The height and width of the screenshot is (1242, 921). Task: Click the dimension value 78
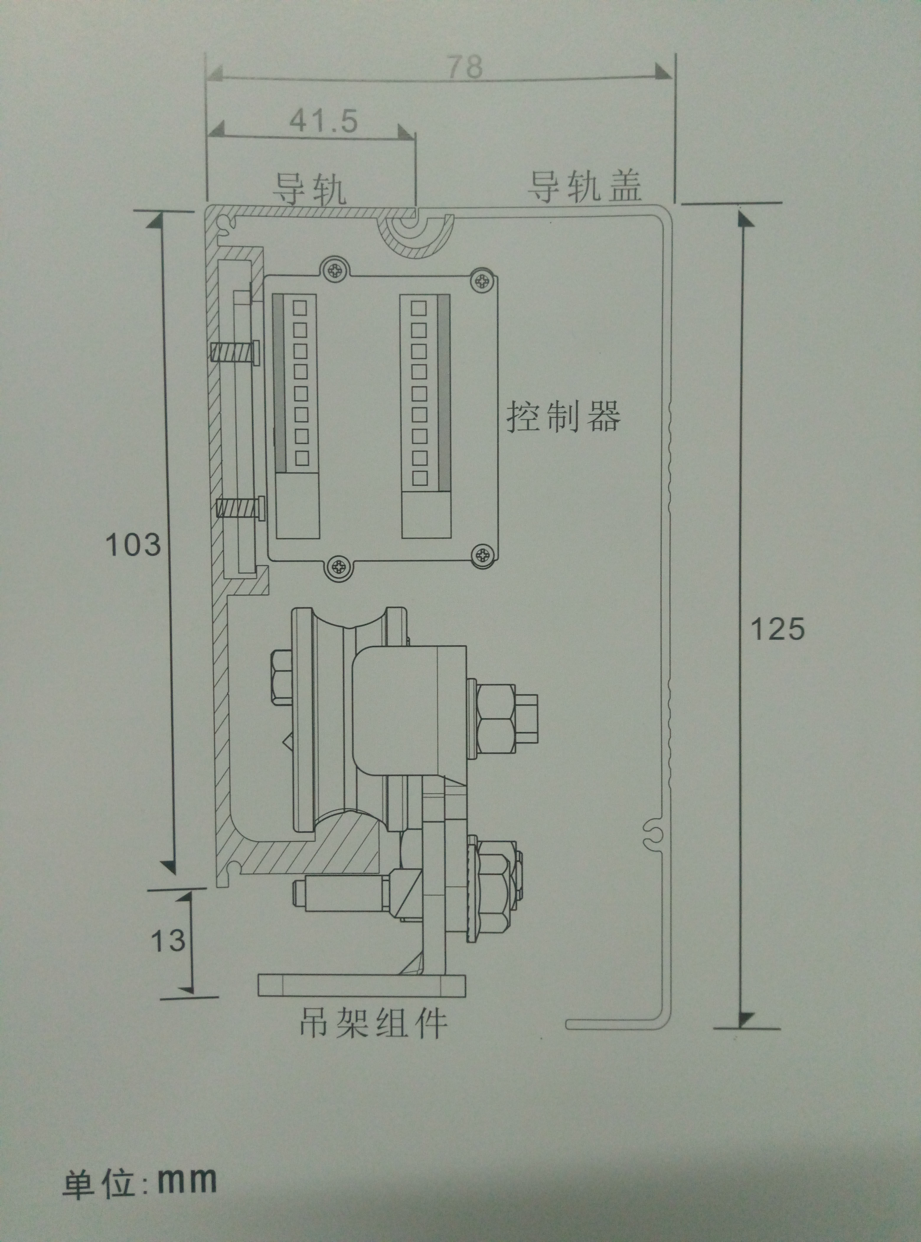[x=466, y=67]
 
